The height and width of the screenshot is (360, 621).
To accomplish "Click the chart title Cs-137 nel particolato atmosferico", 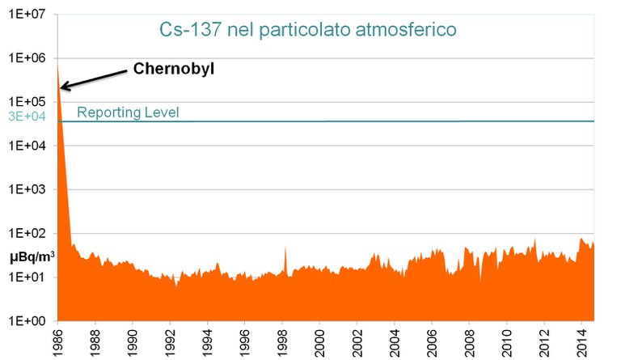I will point(308,30).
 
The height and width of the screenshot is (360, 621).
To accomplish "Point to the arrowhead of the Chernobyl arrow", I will point(63,86).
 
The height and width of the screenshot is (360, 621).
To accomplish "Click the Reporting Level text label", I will point(128,112).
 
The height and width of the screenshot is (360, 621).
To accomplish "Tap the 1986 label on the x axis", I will point(57,341).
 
